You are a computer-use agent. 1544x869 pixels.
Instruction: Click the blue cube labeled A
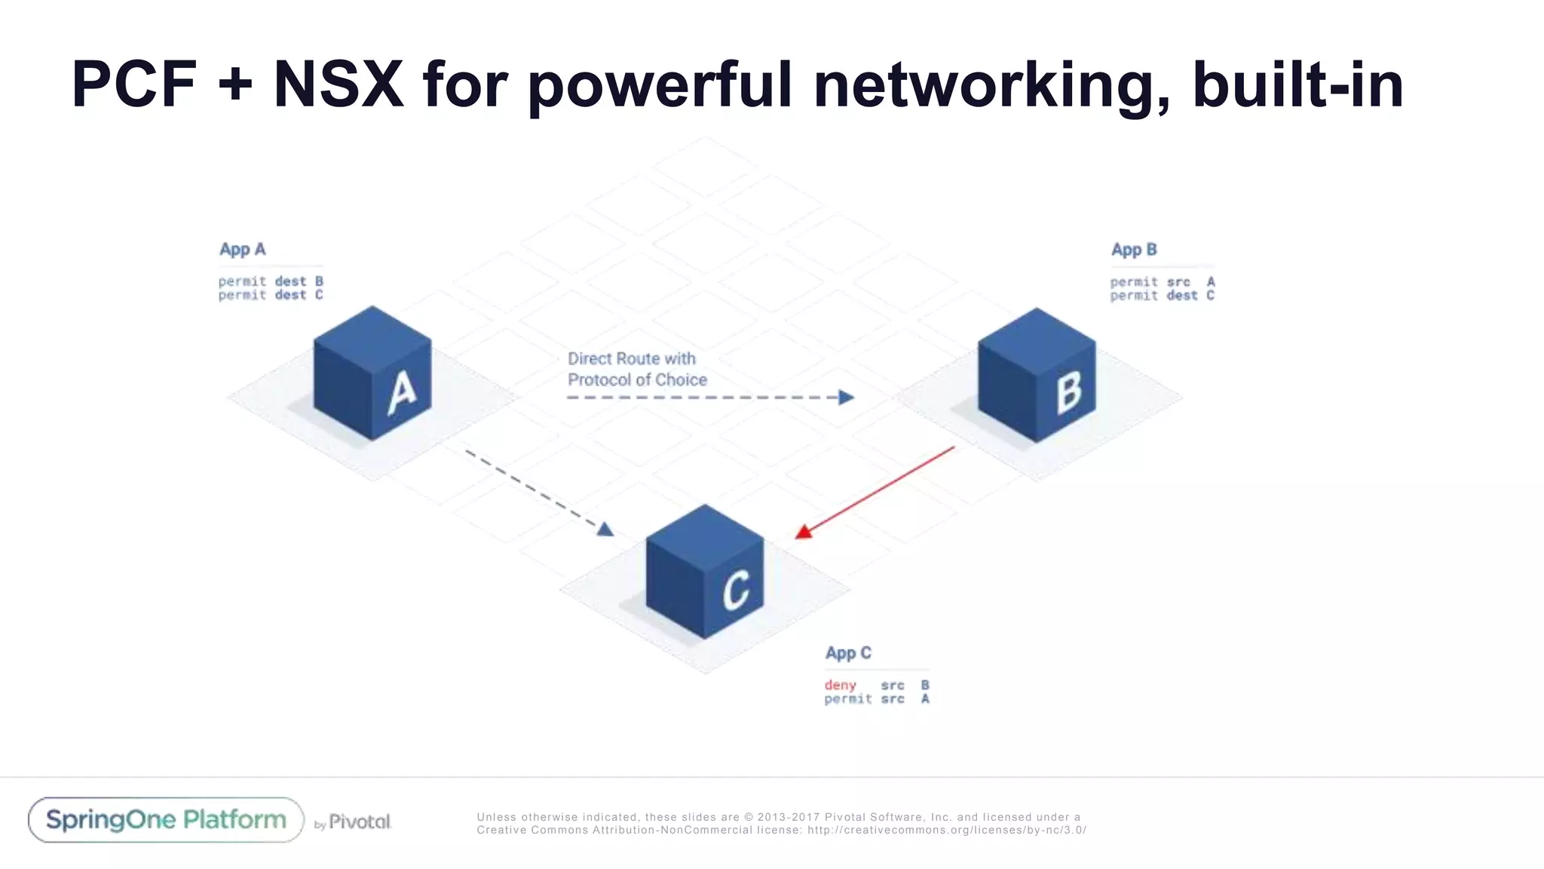click(x=372, y=374)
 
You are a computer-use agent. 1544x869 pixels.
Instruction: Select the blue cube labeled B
click(x=1037, y=376)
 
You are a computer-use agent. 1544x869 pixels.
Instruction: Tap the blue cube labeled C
click(x=705, y=573)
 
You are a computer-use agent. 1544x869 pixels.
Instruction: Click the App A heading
click(x=242, y=250)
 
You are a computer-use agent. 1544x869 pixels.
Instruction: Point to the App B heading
click(x=1133, y=250)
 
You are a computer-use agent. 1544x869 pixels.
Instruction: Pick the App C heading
click(x=847, y=653)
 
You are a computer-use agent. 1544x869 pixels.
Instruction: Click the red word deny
click(x=840, y=685)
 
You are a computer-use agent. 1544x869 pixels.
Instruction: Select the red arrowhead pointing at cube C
click(x=804, y=532)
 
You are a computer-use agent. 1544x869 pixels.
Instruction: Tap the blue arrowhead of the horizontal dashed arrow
click(x=847, y=398)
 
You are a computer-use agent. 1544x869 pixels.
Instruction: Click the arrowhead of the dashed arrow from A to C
click(x=605, y=530)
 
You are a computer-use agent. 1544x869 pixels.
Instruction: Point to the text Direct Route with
click(x=631, y=359)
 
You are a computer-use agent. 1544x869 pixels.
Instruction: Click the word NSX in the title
click(x=338, y=84)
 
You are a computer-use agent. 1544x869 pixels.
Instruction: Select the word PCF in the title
click(x=134, y=84)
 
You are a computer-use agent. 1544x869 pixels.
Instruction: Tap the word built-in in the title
click(x=1297, y=84)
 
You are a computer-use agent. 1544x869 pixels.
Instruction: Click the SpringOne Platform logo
click(x=166, y=820)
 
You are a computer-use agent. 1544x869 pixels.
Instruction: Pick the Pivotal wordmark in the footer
click(x=360, y=821)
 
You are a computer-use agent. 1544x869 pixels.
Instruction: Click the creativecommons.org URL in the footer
click(x=946, y=830)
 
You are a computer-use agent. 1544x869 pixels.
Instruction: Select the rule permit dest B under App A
click(x=270, y=281)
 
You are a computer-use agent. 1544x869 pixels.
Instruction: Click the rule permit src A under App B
click(x=1162, y=282)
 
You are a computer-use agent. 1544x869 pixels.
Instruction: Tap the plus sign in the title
click(x=234, y=84)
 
